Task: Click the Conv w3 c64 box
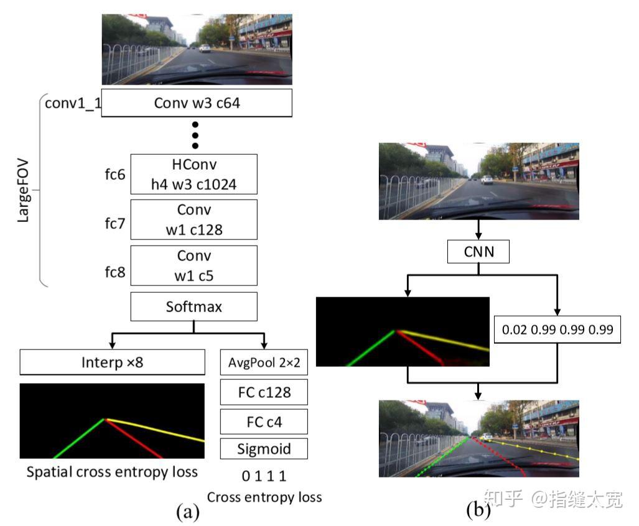click(197, 103)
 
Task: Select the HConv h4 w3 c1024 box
click(194, 173)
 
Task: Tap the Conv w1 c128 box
click(194, 219)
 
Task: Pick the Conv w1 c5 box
click(194, 265)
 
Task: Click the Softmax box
click(194, 307)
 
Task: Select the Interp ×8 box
click(112, 362)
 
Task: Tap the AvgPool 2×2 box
click(264, 362)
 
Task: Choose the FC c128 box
click(264, 392)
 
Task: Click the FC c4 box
click(264, 422)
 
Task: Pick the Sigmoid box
click(264, 448)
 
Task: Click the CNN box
click(478, 252)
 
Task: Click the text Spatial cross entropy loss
click(112, 472)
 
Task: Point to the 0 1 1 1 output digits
click(264, 476)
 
